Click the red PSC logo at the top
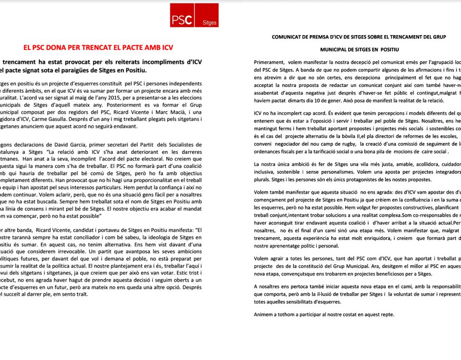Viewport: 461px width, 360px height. (194, 15)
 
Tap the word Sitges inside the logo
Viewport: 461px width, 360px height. (210, 23)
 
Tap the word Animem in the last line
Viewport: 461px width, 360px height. (265, 315)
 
